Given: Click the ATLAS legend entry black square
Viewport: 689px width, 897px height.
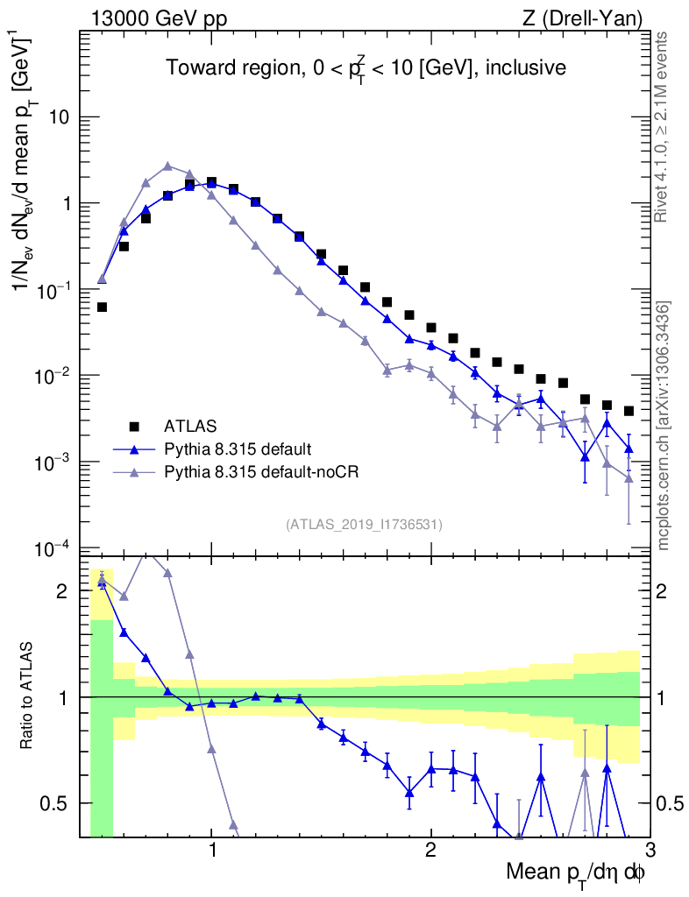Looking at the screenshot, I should point(134,427).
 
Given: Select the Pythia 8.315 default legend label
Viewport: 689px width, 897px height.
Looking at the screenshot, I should point(238,449).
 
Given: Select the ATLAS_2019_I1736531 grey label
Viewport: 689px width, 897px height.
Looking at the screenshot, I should point(364,525).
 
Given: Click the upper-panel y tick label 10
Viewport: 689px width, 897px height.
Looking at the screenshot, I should point(60,117).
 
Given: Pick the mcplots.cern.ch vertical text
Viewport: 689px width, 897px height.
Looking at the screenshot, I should point(664,426).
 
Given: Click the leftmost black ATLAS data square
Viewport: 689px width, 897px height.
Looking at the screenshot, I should point(102,307).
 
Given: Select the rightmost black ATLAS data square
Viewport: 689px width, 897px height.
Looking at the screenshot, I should point(629,411).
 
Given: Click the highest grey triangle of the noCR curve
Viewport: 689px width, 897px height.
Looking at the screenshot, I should point(167,166).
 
